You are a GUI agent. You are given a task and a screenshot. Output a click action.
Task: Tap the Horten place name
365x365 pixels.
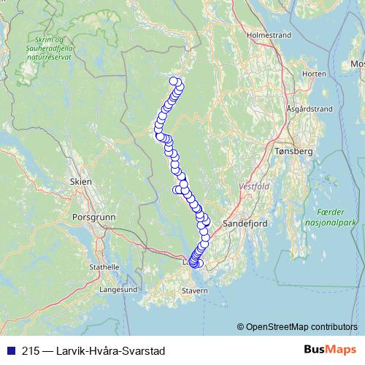[x=314, y=74]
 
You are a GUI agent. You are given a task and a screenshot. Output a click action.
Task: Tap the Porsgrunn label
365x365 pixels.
[x=90, y=217]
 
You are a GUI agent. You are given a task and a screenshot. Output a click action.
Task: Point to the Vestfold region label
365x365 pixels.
[x=254, y=187]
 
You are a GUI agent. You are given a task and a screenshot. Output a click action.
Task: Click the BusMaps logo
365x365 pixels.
[x=325, y=349]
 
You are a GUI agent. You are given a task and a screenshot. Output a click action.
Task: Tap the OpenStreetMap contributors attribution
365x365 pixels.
[x=301, y=326]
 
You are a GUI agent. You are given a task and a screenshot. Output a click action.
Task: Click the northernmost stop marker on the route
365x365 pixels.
[x=174, y=82]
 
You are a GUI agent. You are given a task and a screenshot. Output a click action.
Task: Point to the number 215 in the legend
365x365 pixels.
[x=31, y=350]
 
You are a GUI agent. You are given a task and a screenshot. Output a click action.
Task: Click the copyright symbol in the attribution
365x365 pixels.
[x=240, y=326]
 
